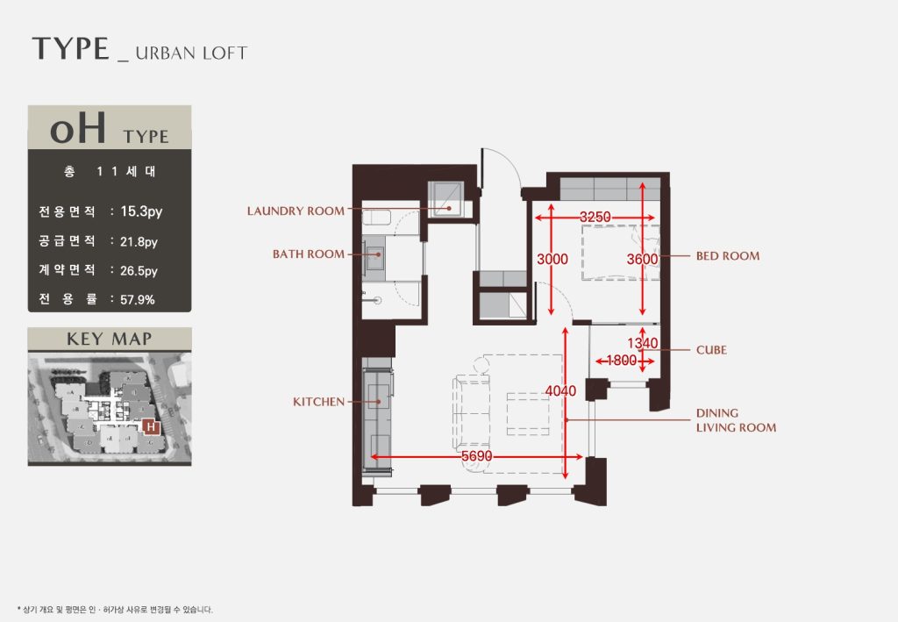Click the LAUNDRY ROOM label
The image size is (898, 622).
[x=296, y=211]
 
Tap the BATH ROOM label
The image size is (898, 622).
[x=308, y=254]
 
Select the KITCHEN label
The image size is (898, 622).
[x=318, y=402]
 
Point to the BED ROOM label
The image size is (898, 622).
[x=728, y=256]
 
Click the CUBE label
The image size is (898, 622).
[x=711, y=350]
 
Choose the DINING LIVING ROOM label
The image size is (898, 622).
[x=736, y=420]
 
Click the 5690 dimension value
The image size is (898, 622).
[x=476, y=456]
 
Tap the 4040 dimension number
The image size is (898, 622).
[x=560, y=390]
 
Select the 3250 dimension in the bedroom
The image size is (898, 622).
[x=595, y=217]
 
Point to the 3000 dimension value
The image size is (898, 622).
[x=552, y=259]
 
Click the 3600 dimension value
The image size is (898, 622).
[x=642, y=259]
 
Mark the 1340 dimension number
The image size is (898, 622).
[x=643, y=343]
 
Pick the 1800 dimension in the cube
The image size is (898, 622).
[x=622, y=361]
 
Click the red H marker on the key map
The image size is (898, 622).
[x=151, y=426]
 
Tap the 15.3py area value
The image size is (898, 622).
[x=141, y=211]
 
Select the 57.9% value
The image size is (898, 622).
[x=138, y=299]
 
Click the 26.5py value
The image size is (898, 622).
[x=139, y=271]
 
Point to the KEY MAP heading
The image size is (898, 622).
[x=110, y=339]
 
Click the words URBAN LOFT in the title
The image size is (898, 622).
[x=191, y=54]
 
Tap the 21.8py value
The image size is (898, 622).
[x=139, y=242]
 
